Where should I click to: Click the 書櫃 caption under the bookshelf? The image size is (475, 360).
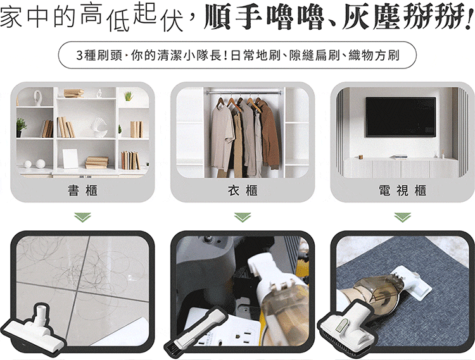82,190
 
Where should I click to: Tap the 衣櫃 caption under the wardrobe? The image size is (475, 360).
243,190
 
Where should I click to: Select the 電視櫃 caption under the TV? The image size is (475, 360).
403,190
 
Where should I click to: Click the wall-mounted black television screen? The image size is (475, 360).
400,117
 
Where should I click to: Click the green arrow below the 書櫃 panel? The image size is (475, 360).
82,217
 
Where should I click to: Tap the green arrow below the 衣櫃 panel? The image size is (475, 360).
243,217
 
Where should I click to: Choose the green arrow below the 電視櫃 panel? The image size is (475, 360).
403,217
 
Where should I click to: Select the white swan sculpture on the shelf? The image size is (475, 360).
99,127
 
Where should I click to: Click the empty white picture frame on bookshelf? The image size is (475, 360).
70,159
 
